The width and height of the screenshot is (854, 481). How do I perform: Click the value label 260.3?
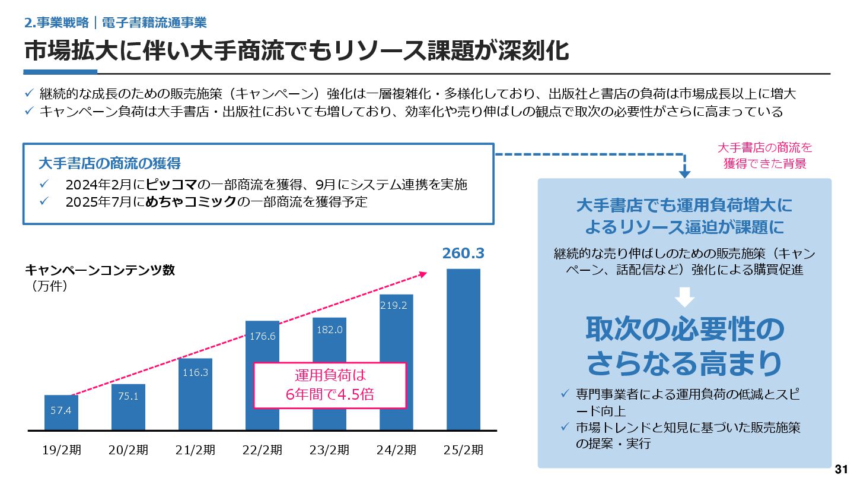click(x=463, y=254)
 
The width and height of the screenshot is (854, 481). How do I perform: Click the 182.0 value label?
click(x=329, y=329)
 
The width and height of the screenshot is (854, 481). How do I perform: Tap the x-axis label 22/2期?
click(x=262, y=450)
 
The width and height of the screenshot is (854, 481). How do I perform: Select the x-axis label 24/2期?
click(x=396, y=450)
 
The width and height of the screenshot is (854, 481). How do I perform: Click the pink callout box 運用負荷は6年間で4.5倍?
click(x=330, y=385)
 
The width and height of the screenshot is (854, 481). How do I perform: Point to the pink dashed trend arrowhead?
click(x=423, y=274)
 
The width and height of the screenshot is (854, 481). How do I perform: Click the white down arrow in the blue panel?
click(x=684, y=296)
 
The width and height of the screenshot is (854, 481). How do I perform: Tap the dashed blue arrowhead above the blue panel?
click(x=684, y=174)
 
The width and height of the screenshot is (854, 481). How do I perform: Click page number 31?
click(x=841, y=470)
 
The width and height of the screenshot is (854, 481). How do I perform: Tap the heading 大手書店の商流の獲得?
click(x=109, y=163)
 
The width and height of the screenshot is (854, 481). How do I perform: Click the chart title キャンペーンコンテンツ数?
click(x=100, y=270)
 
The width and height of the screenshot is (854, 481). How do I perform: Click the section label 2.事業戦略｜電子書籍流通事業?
click(x=116, y=23)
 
